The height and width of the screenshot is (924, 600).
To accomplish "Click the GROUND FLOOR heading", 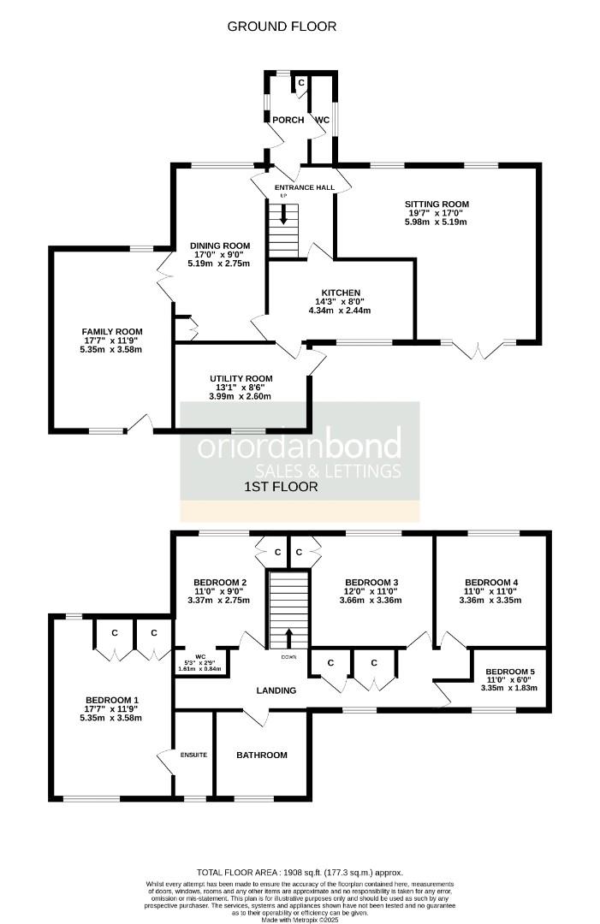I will pyautogui.click(x=282, y=27).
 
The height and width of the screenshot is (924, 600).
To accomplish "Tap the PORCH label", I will pyautogui.click(x=288, y=120).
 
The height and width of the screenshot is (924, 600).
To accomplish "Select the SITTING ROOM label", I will pyautogui.click(x=437, y=204).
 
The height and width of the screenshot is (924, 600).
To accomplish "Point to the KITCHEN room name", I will pyautogui.click(x=341, y=293).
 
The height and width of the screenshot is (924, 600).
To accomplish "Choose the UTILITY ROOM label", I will pyautogui.click(x=241, y=378).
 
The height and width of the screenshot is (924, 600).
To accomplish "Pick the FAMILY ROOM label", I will pyautogui.click(x=112, y=331).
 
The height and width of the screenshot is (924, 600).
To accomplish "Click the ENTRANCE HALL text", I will pyautogui.click(x=304, y=187).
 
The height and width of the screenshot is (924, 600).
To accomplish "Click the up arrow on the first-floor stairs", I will pyautogui.click(x=288, y=637).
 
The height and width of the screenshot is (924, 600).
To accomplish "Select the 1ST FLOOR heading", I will pyautogui.click(x=281, y=488).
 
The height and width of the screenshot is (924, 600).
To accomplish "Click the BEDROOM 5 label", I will pyautogui.click(x=509, y=672).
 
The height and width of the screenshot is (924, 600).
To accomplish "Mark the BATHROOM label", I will pyautogui.click(x=262, y=755).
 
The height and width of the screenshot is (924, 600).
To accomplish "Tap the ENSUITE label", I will pyautogui.click(x=194, y=755).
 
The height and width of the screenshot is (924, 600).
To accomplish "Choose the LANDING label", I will pyautogui.click(x=276, y=690).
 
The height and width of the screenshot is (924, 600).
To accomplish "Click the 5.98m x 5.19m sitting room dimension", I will pyautogui.click(x=437, y=222).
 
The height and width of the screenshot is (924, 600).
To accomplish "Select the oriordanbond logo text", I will pyautogui.click(x=300, y=447).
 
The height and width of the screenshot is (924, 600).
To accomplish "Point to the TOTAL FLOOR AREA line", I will pyautogui.click(x=300, y=871).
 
